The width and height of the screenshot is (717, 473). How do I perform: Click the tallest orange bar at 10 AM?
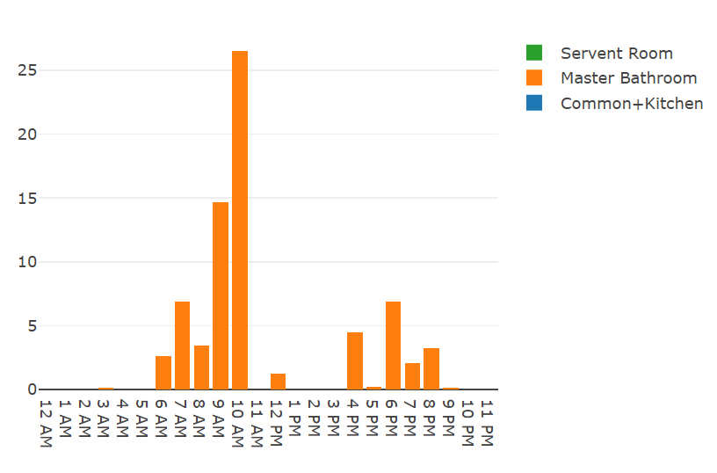pos(240,220)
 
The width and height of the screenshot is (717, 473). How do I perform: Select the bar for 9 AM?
pos(221,295)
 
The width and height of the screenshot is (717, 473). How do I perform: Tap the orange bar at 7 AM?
pos(182,346)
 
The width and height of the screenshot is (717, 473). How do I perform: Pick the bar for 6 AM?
pos(163,373)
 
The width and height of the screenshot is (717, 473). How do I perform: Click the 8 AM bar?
pos(201,367)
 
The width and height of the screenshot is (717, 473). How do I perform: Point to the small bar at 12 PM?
pos(278,382)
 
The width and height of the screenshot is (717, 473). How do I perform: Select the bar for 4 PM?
pos(355,360)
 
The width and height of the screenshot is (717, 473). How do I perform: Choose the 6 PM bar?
pos(393,346)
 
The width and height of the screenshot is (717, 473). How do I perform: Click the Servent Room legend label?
pos(616,54)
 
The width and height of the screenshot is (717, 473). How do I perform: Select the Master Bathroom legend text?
pos(628,78)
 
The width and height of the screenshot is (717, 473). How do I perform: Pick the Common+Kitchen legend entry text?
pos(632,104)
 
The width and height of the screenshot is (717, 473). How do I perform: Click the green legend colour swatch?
pos(534,53)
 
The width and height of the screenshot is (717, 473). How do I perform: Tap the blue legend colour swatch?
pos(534,103)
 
